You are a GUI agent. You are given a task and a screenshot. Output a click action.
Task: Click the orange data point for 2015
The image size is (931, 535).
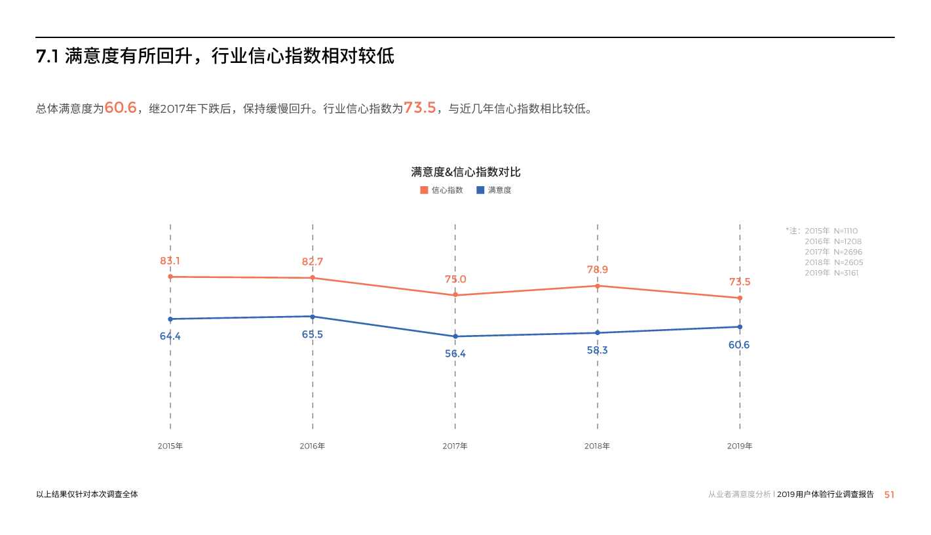(x=170, y=277)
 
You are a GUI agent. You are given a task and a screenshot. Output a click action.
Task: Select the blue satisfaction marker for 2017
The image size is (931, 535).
(x=455, y=336)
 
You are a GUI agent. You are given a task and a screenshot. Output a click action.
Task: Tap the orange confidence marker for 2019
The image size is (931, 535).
(x=740, y=298)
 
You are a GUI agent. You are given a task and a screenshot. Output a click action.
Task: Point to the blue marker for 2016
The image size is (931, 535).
(x=313, y=317)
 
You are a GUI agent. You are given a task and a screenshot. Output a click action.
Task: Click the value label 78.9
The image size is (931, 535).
(x=598, y=269)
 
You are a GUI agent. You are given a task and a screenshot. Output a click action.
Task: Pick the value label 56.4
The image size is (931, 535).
(x=455, y=353)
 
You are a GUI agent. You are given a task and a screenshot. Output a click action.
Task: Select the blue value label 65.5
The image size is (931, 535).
(x=313, y=334)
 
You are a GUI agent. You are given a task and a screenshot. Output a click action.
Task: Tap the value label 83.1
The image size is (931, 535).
(x=170, y=260)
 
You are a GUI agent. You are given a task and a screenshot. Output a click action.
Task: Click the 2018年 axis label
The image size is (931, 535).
(x=597, y=446)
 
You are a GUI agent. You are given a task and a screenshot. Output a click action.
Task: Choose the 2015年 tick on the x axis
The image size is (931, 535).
(x=170, y=446)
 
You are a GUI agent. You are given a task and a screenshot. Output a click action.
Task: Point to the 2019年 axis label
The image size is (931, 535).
(x=740, y=446)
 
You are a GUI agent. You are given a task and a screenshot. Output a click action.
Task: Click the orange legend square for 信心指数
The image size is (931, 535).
(x=424, y=190)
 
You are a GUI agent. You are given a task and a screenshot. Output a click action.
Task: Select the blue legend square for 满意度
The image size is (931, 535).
(x=480, y=190)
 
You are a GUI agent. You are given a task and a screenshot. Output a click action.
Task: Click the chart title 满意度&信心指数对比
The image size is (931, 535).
(x=466, y=172)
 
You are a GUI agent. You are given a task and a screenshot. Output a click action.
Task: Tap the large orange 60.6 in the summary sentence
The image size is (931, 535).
(x=121, y=108)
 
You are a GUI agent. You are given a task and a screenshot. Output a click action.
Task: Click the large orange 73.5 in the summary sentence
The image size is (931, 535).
(x=420, y=108)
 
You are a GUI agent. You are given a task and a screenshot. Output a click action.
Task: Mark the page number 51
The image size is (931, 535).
(x=889, y=494)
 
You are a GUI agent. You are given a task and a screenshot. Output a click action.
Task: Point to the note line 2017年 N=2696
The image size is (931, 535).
(x=833, y=252)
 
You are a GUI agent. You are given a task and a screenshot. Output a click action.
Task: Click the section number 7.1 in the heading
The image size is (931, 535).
(x=48, y=57)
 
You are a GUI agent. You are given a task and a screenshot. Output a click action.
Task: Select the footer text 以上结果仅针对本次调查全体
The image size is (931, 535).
(x=87, y=494)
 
